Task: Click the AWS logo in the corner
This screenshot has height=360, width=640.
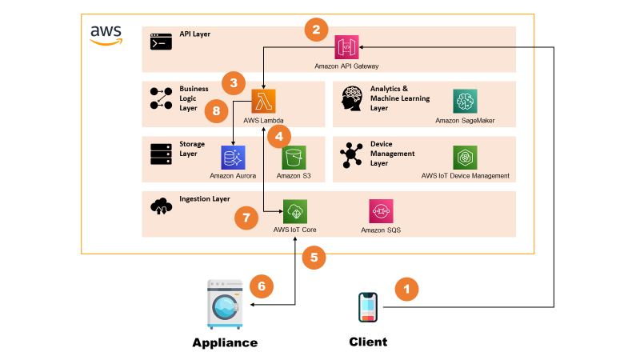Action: tap(106, 34)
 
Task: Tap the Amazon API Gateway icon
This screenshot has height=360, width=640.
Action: tap(347, 47)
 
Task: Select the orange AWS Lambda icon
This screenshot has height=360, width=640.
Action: tap(264, 102)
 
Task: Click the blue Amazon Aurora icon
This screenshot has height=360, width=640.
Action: tap(233, 157)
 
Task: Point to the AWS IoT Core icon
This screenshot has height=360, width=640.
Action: tap(294, 212)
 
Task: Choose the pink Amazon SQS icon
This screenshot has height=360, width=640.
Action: tap(381, 212)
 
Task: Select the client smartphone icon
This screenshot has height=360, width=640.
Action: tap(368, 308)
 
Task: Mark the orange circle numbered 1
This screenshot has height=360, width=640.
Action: tap(408, 289)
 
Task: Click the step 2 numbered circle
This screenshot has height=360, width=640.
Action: tap(316, 30)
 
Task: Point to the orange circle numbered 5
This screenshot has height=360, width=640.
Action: tap(314, 258)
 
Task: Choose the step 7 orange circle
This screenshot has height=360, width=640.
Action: tap(246, 217)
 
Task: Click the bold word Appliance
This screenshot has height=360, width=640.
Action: tap(225, 342)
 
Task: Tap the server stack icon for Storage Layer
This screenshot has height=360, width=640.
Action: tap(162, 154)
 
